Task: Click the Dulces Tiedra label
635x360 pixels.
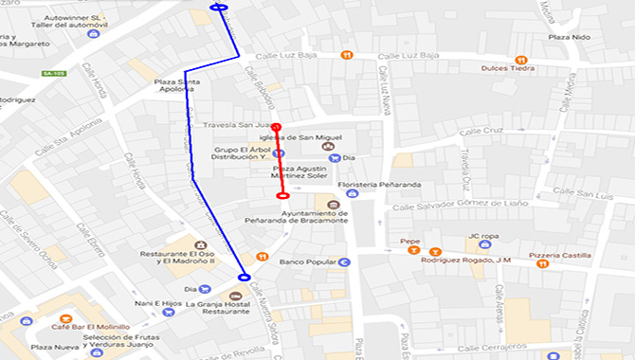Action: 510,67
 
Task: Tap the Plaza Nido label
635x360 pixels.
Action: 569,37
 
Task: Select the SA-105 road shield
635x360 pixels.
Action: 53,73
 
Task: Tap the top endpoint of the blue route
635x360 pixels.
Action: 219,8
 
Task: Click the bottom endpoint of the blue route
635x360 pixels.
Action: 245,278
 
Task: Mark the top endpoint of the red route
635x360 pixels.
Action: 277,127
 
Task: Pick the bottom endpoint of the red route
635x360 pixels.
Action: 282,196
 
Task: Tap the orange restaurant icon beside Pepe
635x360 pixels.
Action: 435,252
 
